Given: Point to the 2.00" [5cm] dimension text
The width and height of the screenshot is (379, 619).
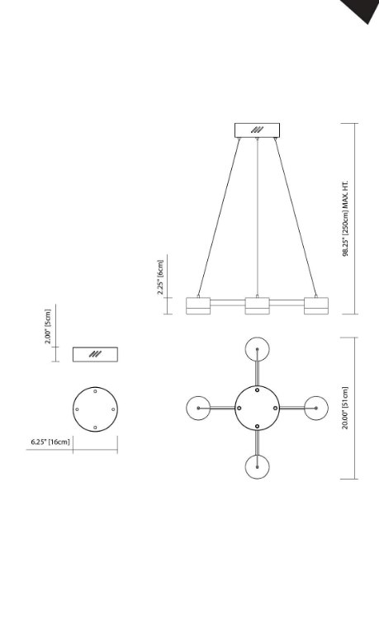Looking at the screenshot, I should click(x=49, y=326).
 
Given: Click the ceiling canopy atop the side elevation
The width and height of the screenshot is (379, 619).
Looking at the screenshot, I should click(x=258, y=130).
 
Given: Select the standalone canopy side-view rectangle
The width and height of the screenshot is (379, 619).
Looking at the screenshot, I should click(x=95, y=354).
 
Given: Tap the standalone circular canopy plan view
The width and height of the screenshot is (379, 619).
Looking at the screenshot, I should click(x=95, y=408).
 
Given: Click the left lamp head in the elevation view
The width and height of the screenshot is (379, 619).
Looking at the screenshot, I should click(x=199, y=305).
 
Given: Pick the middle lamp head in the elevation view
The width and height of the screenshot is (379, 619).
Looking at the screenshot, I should click(x=258, y=305).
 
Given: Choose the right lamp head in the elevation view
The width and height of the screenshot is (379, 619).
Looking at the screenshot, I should click(x=316, y=305).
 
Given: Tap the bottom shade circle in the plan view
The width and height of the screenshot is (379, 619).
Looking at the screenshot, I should click(x=258, y=467).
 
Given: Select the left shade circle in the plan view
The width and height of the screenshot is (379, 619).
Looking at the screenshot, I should click(x=199, y=408).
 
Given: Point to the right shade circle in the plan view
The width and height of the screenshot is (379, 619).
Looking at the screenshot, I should click(x=317, y=408).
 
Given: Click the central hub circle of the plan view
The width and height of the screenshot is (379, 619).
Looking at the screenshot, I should click(x=258, y=408).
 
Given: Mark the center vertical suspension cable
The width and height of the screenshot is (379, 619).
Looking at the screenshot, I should click(x=258, y=215).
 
